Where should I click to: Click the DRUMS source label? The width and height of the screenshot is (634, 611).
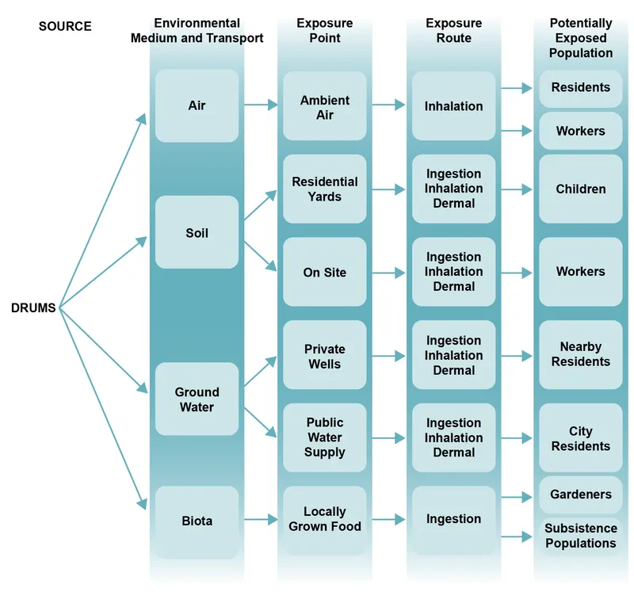(x=33, y=308)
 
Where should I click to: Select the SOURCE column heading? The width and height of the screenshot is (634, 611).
(x=65, y=26)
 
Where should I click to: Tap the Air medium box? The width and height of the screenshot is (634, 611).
(x=197, y=105)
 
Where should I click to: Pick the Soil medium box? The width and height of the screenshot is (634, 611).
(x=197, y=233)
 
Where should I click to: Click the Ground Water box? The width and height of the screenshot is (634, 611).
(x=197, y=399)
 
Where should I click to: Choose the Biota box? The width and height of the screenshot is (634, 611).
(x=197, y=521)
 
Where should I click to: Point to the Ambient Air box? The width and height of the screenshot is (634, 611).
(x=325, y=108)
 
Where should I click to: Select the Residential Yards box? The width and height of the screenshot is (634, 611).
(x=325, y=189)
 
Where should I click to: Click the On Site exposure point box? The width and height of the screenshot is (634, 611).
(x=325, y=272)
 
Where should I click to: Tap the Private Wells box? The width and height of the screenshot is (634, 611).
(x=325, y=356)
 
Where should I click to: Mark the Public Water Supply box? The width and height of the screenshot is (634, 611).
(x=325, y=437)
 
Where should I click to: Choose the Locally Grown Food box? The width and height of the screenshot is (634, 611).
(x=325, y=519)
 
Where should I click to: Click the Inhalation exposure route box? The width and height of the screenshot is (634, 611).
(x=453, y=105)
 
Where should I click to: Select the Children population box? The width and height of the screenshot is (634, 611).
(x=580, y=189)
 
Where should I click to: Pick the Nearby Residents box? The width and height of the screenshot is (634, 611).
(x=580, y=354)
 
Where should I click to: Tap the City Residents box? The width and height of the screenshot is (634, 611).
(x=580, y=438)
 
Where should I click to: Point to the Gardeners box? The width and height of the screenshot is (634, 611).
(x=580, y=495)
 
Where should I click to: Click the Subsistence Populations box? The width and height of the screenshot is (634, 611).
(x=580, y=536)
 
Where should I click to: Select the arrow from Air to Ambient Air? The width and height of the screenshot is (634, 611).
(x=260, y=105)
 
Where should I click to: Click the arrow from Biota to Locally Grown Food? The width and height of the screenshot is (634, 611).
(x=260, y=520)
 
